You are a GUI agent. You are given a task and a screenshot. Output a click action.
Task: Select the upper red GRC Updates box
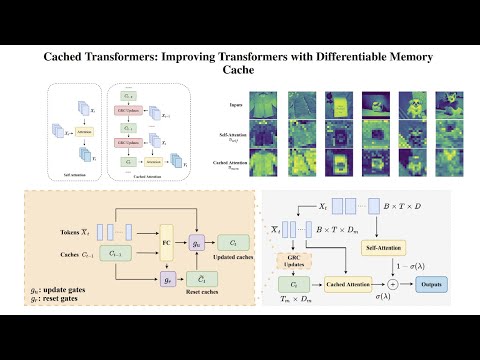pos(129,110)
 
